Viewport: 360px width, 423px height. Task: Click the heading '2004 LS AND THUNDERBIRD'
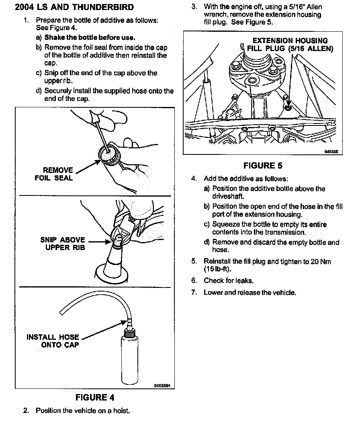(74, 7)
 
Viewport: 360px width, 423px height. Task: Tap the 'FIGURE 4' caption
(95, 398)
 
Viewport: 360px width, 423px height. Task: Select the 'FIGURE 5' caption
(263, 166)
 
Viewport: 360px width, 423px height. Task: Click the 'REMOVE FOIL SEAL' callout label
(54, 174)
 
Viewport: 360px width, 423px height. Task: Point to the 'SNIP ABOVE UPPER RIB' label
(63, 244)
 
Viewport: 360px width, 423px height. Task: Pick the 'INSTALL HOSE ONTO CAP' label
(53, 341)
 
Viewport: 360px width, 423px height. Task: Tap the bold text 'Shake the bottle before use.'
(89, 37)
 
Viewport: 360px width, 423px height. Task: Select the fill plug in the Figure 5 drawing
(288, 108)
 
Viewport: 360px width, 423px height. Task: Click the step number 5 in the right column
(194, 261)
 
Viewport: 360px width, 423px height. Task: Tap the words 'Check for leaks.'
(229, 281)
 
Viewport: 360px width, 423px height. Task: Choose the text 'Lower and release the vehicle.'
(250, 292)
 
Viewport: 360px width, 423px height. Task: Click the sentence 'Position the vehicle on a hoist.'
(83, 411)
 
